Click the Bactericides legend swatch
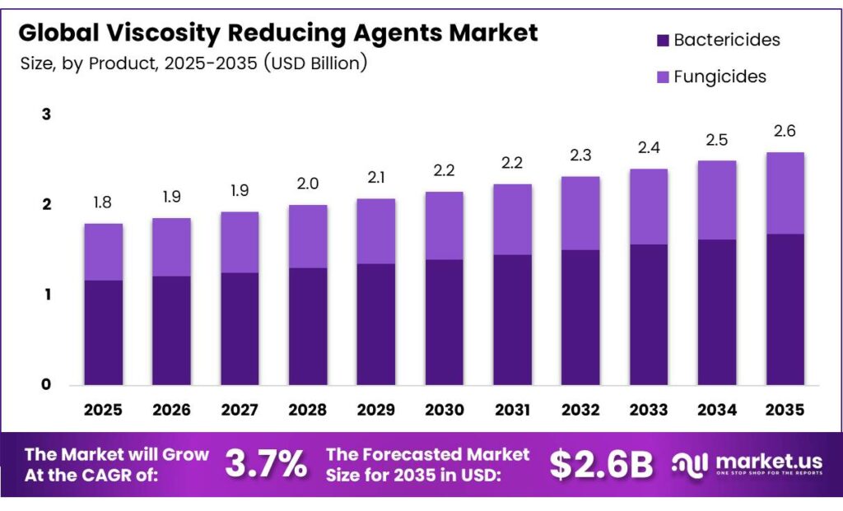(661, 40)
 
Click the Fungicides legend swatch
(661, 77)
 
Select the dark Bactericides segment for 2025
(104, 332)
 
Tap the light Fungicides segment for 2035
(785, 193)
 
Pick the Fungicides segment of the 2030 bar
(445, 225)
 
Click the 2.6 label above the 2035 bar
(785, 132)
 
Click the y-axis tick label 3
(46, 114)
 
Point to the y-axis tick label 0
(46, 384)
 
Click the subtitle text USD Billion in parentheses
(315, 63)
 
